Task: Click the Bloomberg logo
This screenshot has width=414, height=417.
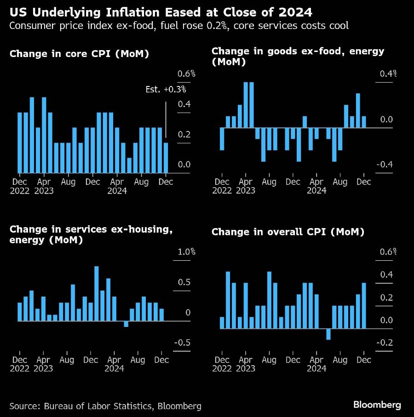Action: point(377,405)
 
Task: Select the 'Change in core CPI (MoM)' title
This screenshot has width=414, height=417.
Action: point(79,54)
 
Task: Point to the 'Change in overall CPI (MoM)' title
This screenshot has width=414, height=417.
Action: point(288,232)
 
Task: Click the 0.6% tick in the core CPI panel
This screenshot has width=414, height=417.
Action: point(187,74)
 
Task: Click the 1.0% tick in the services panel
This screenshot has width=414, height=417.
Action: point(187,252)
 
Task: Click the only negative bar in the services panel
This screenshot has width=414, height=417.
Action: point(126,324)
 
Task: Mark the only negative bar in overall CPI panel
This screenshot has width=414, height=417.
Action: point(328,334)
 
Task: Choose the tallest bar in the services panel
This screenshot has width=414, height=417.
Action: point(97,293)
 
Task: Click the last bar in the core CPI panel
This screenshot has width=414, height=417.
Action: point(166,158)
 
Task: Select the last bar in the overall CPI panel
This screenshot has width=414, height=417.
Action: point(364,306)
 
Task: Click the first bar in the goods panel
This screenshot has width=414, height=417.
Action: point(222,139)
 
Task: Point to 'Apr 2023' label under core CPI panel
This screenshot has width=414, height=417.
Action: point(44,186)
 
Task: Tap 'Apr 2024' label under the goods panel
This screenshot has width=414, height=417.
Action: point(316,186)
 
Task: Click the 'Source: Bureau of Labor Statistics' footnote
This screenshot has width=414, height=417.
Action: point(105,406)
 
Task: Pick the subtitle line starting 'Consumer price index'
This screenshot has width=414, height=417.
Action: point(179,26)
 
